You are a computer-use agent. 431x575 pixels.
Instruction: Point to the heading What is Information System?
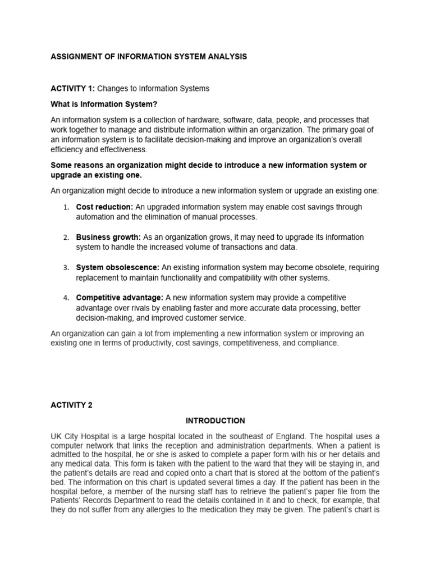click(103, 104)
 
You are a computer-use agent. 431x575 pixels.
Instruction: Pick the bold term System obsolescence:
click(118, 267)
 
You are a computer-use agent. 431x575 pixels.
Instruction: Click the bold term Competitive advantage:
click(120, 298)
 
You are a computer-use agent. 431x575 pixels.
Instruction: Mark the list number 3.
click(66, 268)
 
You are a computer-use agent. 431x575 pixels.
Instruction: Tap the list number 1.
click(66, 208)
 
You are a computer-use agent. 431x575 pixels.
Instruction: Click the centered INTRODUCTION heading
click(215, 421)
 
